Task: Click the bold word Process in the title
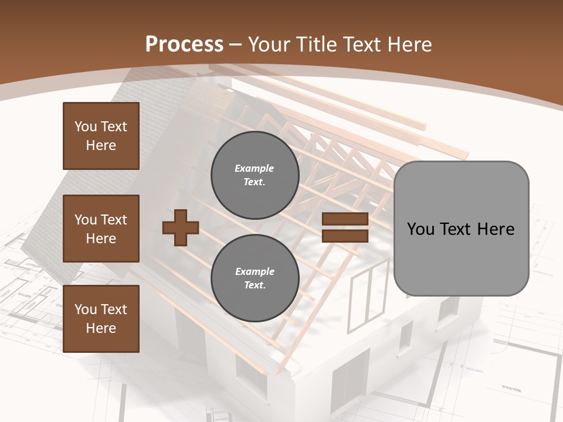pyautogui.click(x=184, y=44)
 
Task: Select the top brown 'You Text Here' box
pyautogui.click(x=101, y=136)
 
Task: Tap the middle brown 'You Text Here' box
pyautogui.click(x=101, y=229)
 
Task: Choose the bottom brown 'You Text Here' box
pyautogui.click(x=101, y=319)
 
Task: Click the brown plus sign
pyautogui.click(x=181, y=228)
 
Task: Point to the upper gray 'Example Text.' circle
pyautogui.click(x=255, y=175)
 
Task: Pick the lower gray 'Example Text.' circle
pyautogui.click(x=255, y=278)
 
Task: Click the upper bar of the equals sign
pyautogui.click(x=345, y=219)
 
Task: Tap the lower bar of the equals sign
pyautogui.click(x=345, y=236)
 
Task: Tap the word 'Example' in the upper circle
pyautogui.click(x=255, y=168)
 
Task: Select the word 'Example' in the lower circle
pyautogui.click(x=255, y=271)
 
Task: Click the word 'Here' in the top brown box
pyautogui.click(x=101, y=145)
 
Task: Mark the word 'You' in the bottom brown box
pyautogui.click(x=86, y=309)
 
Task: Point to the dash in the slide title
pyautogui.click(x=236, y=45)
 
